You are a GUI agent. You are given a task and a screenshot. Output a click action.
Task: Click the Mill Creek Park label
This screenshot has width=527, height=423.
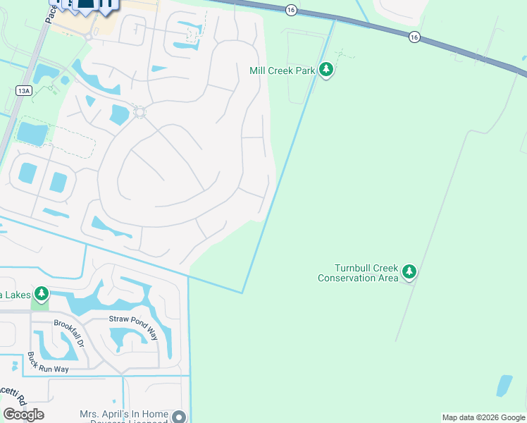(283, 70)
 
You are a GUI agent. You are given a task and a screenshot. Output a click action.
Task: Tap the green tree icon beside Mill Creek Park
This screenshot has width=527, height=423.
(325, 70)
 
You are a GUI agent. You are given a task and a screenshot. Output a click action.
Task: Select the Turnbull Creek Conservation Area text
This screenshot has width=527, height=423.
(358, 273)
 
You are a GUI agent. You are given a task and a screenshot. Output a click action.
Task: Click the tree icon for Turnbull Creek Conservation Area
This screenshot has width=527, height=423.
(409, 272)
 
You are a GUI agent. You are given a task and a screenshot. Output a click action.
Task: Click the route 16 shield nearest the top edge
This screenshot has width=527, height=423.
(290, 9)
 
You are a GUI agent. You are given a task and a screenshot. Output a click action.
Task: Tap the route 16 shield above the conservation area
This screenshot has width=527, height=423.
(414, 37)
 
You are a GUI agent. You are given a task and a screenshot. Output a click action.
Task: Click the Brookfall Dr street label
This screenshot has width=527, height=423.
(68, 331)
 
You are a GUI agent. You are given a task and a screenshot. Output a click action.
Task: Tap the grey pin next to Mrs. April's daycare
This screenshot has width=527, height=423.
(180, 417)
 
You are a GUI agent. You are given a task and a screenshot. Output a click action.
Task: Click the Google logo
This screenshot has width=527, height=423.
(23, 414)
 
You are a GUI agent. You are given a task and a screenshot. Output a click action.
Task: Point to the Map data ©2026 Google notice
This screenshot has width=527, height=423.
(483, 417)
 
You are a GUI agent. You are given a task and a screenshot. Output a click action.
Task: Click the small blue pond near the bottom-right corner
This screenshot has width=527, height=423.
(504, 385)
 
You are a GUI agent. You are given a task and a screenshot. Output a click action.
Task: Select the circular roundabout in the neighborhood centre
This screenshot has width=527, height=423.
(139, 112)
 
